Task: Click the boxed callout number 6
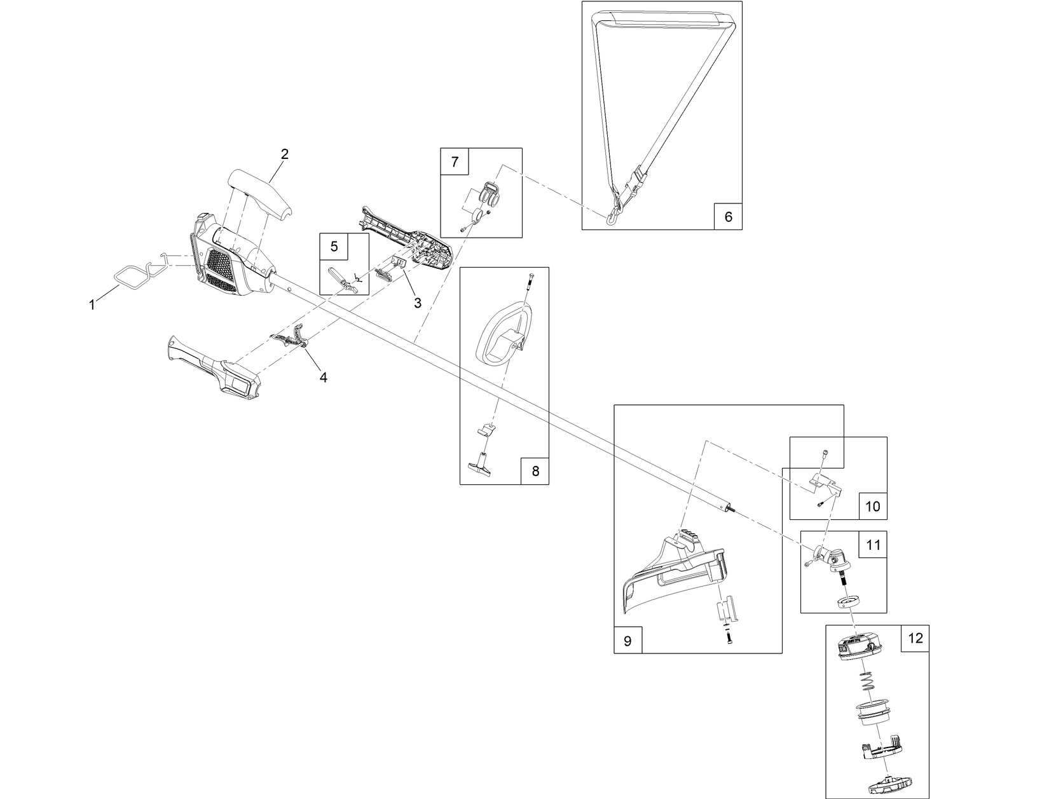point(728,217)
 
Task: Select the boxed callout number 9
point(627,641)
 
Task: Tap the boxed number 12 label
point(915,638)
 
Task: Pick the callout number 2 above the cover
point(285,154)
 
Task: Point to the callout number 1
point(92,305)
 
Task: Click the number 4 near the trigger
point(323,378)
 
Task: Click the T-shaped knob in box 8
point(483,463)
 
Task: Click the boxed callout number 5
point(334,246)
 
